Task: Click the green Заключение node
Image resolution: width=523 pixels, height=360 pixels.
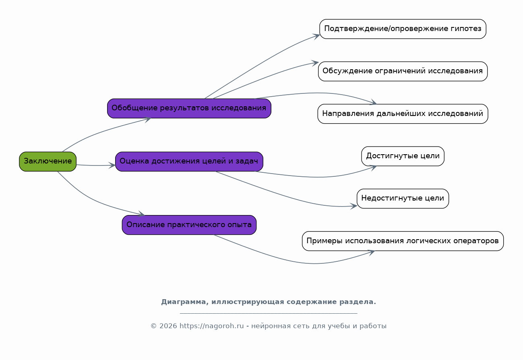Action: coord(48,161)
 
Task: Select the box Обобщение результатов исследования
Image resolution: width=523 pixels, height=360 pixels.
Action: coord(189,108)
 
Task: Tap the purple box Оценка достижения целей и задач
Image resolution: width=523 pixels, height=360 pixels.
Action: coord(189,161)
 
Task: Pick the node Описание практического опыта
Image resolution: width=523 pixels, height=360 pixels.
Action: coord(189,225)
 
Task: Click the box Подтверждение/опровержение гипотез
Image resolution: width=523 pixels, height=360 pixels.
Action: coord(403,29)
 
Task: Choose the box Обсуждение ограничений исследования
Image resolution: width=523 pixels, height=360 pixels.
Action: coord(403,71)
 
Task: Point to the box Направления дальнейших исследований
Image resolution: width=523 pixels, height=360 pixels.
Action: coord(403,114)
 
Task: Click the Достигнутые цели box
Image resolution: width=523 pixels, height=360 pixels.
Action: coord(403,156)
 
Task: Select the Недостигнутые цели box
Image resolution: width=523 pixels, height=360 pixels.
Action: coord(403,199)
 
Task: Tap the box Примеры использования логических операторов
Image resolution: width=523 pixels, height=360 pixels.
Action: coord(403,241)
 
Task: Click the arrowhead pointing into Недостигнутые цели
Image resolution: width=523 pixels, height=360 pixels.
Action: coord(354,206)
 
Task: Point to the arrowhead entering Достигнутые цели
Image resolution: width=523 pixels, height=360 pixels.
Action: coord(373,168)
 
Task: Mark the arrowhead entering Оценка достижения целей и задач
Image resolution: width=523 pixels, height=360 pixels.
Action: coord(112,165)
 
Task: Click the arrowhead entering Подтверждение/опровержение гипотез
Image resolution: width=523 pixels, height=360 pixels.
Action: coord(316,36)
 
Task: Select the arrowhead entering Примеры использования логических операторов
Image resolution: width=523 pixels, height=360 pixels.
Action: coord(371,252)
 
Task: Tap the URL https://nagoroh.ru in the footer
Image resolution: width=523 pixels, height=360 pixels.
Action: coord(211,326)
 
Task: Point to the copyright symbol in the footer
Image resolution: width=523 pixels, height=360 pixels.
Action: coord(153,326)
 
